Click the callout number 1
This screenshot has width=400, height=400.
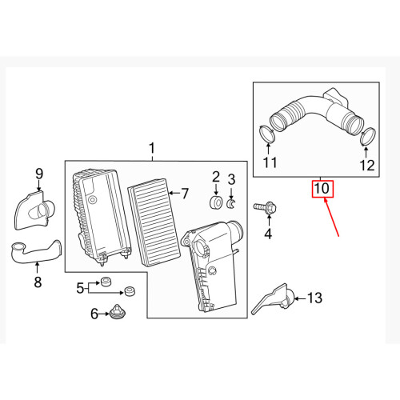(152, 148)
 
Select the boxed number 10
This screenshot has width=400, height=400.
(322, 190)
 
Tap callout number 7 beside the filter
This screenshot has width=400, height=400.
(183, 193)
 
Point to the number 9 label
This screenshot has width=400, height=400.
(38, 173)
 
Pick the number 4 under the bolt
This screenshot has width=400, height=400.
(268, 234)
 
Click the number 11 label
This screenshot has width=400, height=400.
(269, 164)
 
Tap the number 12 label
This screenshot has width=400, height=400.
(366, 166)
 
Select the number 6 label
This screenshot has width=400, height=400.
(94, 314)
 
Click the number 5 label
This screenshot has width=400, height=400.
(80, 287)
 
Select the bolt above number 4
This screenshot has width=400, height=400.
(266, 208)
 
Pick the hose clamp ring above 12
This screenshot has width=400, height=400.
(367, 136)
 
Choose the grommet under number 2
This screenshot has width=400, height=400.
(215, 202)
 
